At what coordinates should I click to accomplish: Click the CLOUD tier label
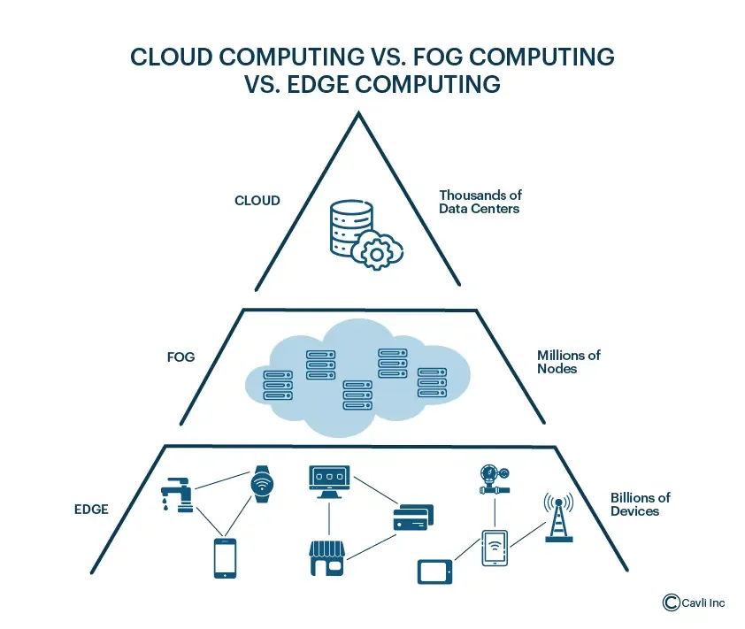pos(257,201)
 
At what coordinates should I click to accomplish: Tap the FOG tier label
pos(180,358)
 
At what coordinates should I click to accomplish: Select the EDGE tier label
pos(91,509)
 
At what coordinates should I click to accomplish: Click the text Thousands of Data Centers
pos(479,202)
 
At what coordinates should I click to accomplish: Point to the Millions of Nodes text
pos(568,361)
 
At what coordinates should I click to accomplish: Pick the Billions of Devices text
pos(640,504)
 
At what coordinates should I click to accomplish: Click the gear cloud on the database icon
pos(378,251)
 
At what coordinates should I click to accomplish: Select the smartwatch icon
pos(260,484)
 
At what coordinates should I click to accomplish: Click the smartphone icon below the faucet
pos(225,557)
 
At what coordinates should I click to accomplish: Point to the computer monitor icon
pos(329,479)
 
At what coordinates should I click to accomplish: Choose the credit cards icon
pos(411,518)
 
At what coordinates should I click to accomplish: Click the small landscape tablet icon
pos(434,571)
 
